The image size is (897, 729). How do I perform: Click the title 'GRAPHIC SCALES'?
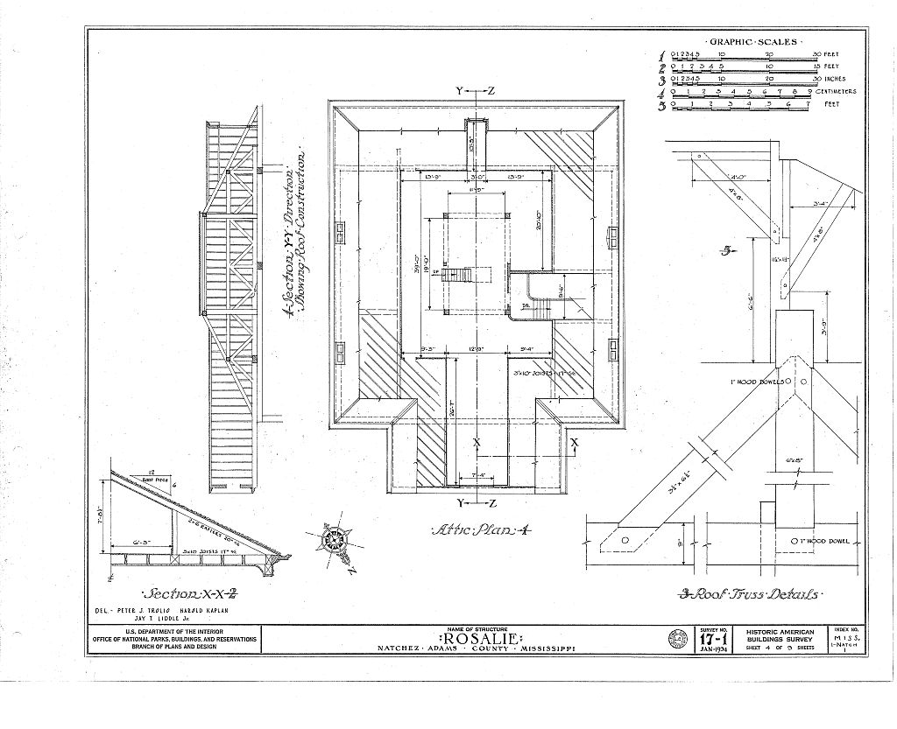(x=752, y=41)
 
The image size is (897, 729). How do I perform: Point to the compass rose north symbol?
(x=335, y=540)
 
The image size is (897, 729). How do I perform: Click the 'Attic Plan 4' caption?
(x=477, y=530)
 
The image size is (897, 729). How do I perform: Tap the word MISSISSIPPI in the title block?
(x=546, y=649)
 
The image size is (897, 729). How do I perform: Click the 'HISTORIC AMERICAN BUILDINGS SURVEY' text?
(x=780, y=636)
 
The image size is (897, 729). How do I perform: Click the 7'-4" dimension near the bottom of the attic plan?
(x=477, y=476)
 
